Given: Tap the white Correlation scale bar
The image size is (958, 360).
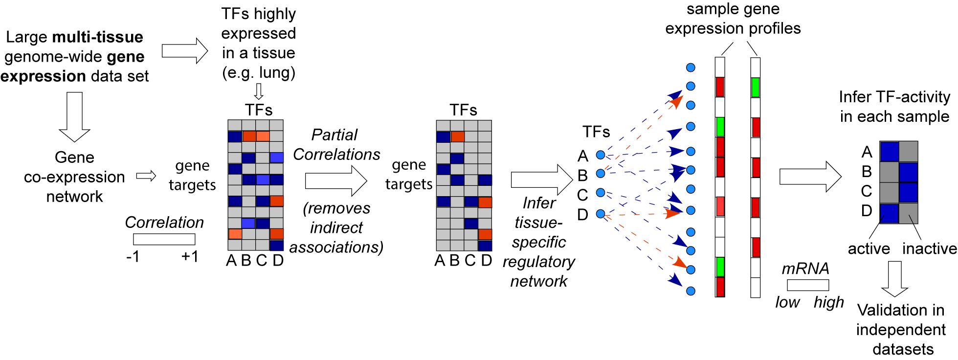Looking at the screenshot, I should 164,239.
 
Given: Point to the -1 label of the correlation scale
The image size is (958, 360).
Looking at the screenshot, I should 133,257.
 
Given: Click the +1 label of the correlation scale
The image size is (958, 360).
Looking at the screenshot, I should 190,257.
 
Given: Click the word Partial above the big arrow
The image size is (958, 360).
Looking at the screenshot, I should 334,135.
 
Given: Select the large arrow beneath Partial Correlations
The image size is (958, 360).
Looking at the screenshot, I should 335,180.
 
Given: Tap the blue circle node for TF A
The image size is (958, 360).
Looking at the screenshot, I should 601,155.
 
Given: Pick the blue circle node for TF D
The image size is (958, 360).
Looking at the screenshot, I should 601,214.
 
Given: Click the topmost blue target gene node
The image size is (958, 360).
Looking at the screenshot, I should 691,67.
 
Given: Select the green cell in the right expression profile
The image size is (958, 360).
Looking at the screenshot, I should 756,88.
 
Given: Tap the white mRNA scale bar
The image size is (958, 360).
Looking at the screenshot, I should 808,285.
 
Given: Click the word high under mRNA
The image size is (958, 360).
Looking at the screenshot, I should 829,302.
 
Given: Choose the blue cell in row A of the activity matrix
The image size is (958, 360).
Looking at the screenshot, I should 890,152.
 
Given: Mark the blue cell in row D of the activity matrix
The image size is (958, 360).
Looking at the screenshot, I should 890,213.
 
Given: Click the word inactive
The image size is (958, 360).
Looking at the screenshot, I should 929,248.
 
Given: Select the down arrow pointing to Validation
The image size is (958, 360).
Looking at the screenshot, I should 895,278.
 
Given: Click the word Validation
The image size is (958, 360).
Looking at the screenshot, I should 901,310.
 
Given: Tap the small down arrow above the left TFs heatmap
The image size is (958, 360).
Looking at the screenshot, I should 259,91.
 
